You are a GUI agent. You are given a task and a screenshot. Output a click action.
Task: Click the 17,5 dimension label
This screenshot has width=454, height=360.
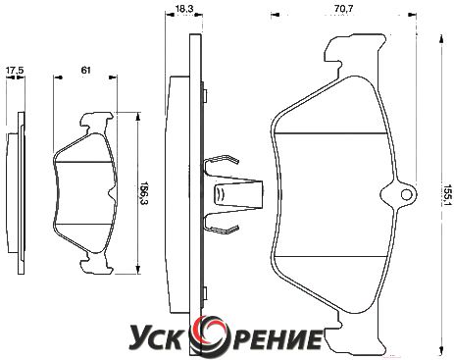point(15,71)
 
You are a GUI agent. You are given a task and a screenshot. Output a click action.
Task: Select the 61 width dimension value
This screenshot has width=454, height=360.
point(85,70)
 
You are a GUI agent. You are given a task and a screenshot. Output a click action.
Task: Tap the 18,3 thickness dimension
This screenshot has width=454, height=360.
point(183,9)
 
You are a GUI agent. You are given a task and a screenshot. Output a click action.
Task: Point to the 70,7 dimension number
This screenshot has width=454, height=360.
point(343,9)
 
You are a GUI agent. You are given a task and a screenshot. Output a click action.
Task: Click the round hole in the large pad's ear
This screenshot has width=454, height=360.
point(407,195)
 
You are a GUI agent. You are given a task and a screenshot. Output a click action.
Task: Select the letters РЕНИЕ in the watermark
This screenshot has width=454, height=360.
point(272,338)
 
